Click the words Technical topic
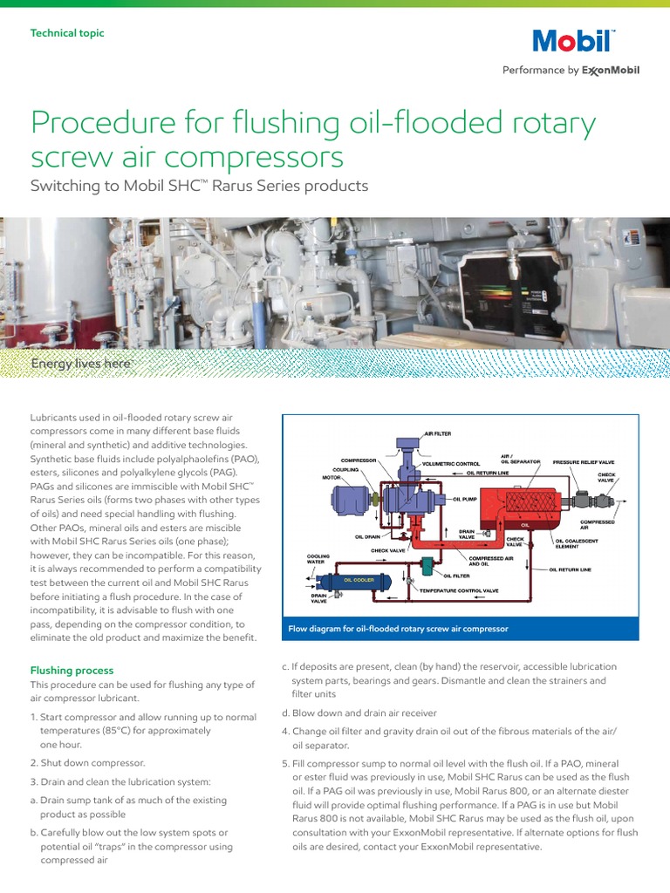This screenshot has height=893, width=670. click(67, 33)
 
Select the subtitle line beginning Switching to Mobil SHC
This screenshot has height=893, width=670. click(200, 186)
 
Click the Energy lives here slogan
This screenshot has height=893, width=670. click(81, 363)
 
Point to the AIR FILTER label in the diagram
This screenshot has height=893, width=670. click(438, 433)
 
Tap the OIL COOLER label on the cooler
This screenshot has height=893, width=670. click(359, 579)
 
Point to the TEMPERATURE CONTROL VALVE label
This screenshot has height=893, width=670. click(472, 591)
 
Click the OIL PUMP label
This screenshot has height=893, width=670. click(464, 500)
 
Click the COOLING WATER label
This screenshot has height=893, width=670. click(318, 559)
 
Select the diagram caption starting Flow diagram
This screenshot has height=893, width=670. click(398, 628)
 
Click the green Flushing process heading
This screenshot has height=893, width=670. click(72, 671)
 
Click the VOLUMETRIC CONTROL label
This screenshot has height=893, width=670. click(451, 464)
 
